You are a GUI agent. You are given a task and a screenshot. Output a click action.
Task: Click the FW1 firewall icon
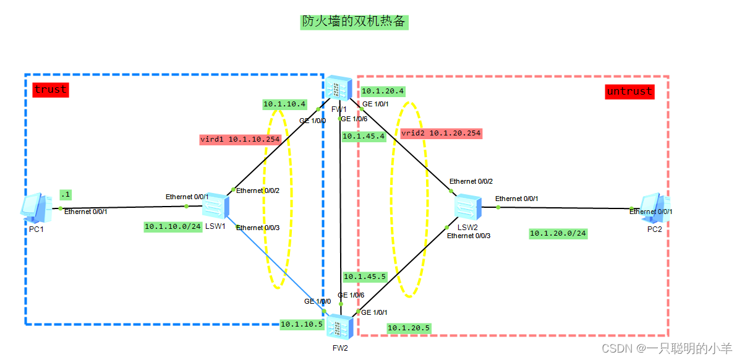coord(339,89)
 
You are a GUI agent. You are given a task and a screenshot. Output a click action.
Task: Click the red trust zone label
coord(50,90)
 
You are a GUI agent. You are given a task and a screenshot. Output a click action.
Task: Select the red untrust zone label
coord(629,92)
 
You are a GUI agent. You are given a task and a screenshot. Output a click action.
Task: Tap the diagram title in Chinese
coord(354,22)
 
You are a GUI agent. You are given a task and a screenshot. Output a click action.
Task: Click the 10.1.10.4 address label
coord(285,105)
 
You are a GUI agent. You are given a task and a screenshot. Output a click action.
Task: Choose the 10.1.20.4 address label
coord(383,91)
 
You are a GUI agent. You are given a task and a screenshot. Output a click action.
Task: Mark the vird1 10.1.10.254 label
coord(240,139)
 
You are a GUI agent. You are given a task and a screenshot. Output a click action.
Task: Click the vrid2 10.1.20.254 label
coord(441,133)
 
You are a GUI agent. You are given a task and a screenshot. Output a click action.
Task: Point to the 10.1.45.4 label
coord(364,136)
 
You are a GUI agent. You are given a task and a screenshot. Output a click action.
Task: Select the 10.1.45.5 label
coord(365,277)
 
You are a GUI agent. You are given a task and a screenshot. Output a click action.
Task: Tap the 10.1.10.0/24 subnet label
coord(173,226)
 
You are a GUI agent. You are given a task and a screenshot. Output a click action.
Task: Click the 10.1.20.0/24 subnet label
coord(558,234)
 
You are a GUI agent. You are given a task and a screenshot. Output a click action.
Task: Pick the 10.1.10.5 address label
coord(302,324)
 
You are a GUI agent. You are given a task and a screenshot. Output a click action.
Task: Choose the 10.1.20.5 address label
coord(409,328)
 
